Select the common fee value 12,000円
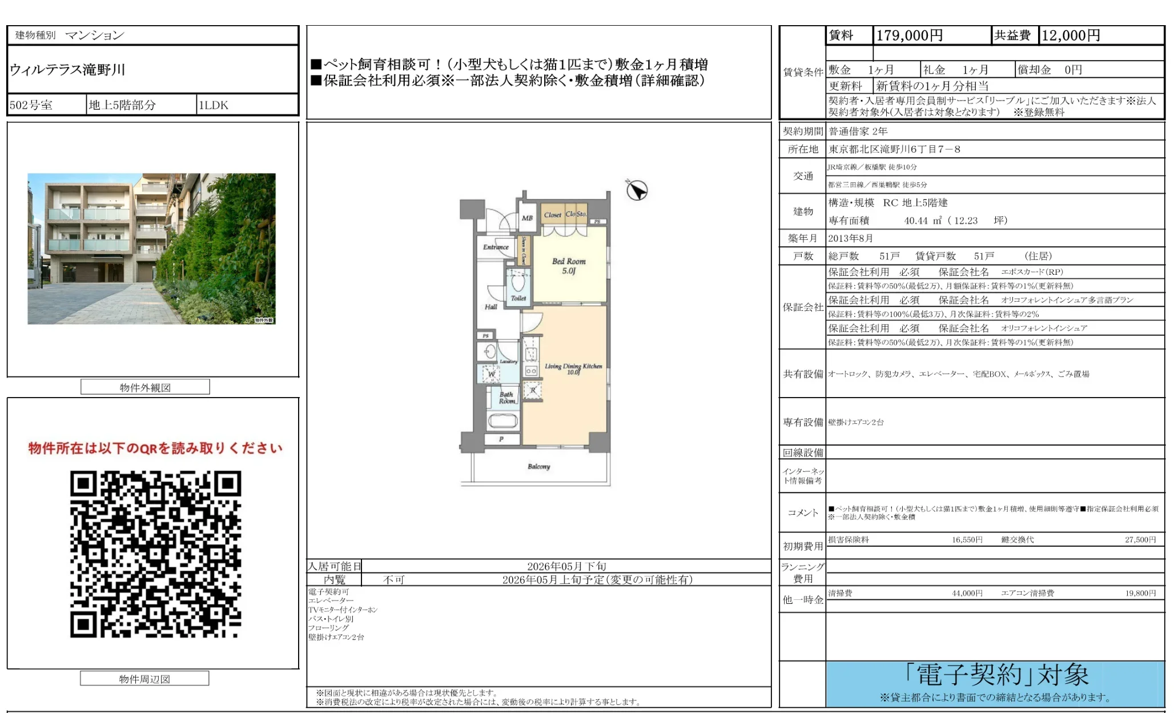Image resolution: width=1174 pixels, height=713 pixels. click(x=1071, y=35)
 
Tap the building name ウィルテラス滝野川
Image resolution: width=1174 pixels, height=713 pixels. click(x=67, y=70)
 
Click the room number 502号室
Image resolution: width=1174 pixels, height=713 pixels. click(x=31, y=105)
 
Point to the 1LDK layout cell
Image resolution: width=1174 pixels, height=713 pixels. click(x=214, y=105)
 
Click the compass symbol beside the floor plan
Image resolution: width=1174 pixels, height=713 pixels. click(x=637, y=190)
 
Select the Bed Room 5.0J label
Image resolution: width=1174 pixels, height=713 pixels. click(x=569, y=266)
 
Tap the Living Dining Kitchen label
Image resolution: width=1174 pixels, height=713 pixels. click(x=573, y=368)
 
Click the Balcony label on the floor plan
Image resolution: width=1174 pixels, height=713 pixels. click(x=539, y=467)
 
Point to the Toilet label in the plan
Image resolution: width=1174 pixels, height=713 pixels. click(x=518, y=298)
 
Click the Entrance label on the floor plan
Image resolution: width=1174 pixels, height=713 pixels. click(x=496, y=247)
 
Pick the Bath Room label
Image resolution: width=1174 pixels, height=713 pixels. click(x=506, y=398)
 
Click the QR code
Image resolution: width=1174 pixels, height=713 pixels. click(x=155, y=554)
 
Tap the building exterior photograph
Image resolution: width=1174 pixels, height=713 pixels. click(x=151, y=249)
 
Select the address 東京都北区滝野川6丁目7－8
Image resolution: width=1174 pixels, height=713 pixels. click(x=895, y=149)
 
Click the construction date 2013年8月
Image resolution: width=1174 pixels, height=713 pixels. click(x=851, y=238)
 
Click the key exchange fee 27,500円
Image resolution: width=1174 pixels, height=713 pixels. click(x=1140, y=540)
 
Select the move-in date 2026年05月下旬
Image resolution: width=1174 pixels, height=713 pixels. click(x=566, y=566)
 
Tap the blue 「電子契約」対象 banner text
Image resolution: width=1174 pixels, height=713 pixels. click(x=996, y=675)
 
